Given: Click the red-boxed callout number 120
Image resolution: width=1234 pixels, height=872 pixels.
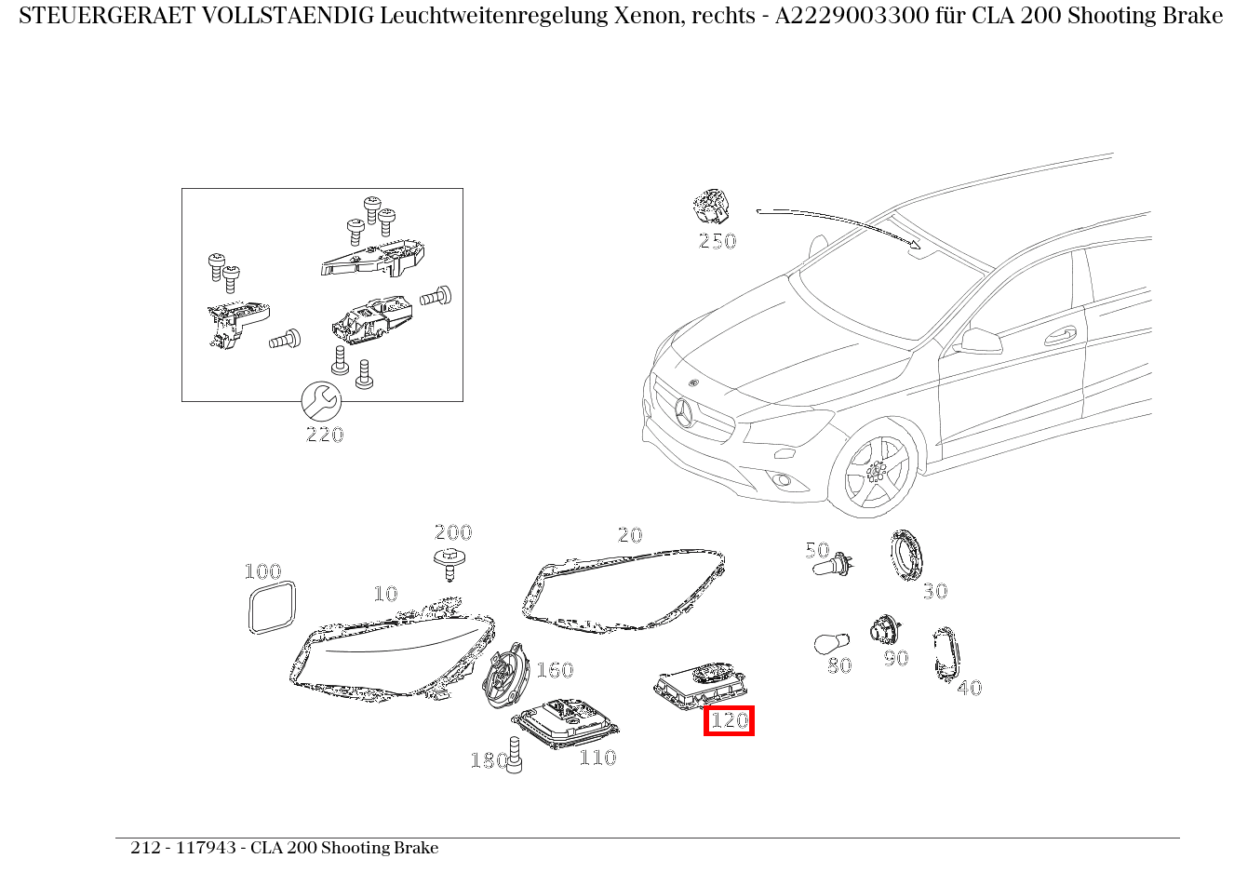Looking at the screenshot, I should pyautogui.click(x=729, y=720).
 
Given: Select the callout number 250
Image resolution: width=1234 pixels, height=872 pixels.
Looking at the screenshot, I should pyautogui.click(x=717, y=241).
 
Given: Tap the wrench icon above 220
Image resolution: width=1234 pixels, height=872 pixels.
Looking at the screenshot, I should pyautogui.click(x=321, y=401).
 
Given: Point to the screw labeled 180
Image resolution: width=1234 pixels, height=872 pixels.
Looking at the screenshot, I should pyautogui.click(x=515, y=755).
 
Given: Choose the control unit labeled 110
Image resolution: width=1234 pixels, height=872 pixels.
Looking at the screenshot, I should pyautogui.click(x=565, y=724).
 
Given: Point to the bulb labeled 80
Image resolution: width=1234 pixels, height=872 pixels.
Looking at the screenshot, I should pyautogui.click(x=830, y=644).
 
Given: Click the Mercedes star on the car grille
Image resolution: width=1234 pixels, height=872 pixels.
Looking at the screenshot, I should pyautogui.click(x=686, y=410).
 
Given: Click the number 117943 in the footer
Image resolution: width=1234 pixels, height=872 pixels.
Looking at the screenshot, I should pyautogui.click(x=206, y=848).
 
